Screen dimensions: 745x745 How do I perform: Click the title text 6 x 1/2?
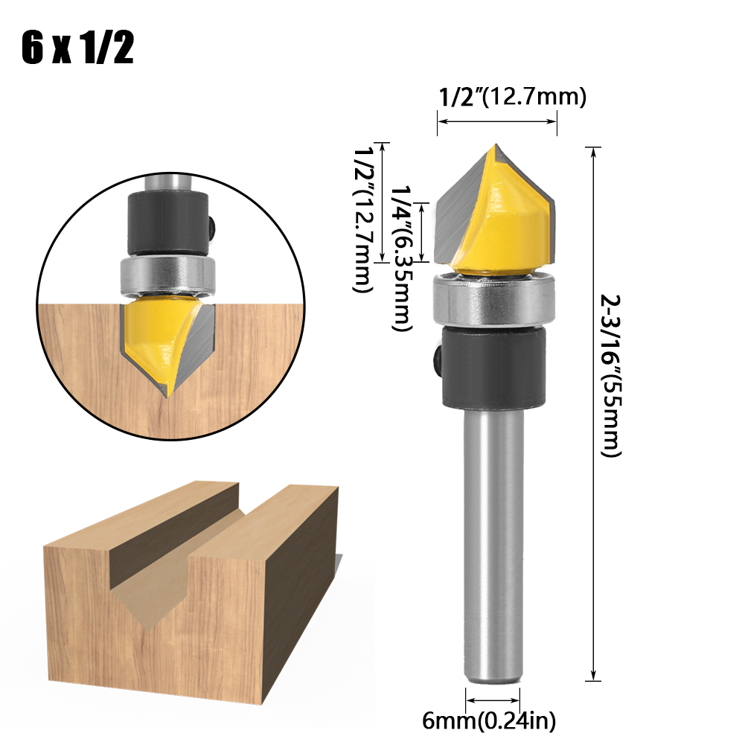tap(77, 48)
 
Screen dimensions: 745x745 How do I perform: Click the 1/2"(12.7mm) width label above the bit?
tap(513, 97)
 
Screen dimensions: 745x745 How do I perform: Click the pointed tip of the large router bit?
tap(494, 148)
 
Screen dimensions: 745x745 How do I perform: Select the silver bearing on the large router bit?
tap(496, 301)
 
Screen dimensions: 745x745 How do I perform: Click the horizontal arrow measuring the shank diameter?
tap(493, 700)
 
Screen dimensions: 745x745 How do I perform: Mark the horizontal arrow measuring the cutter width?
tap(496, 121)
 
